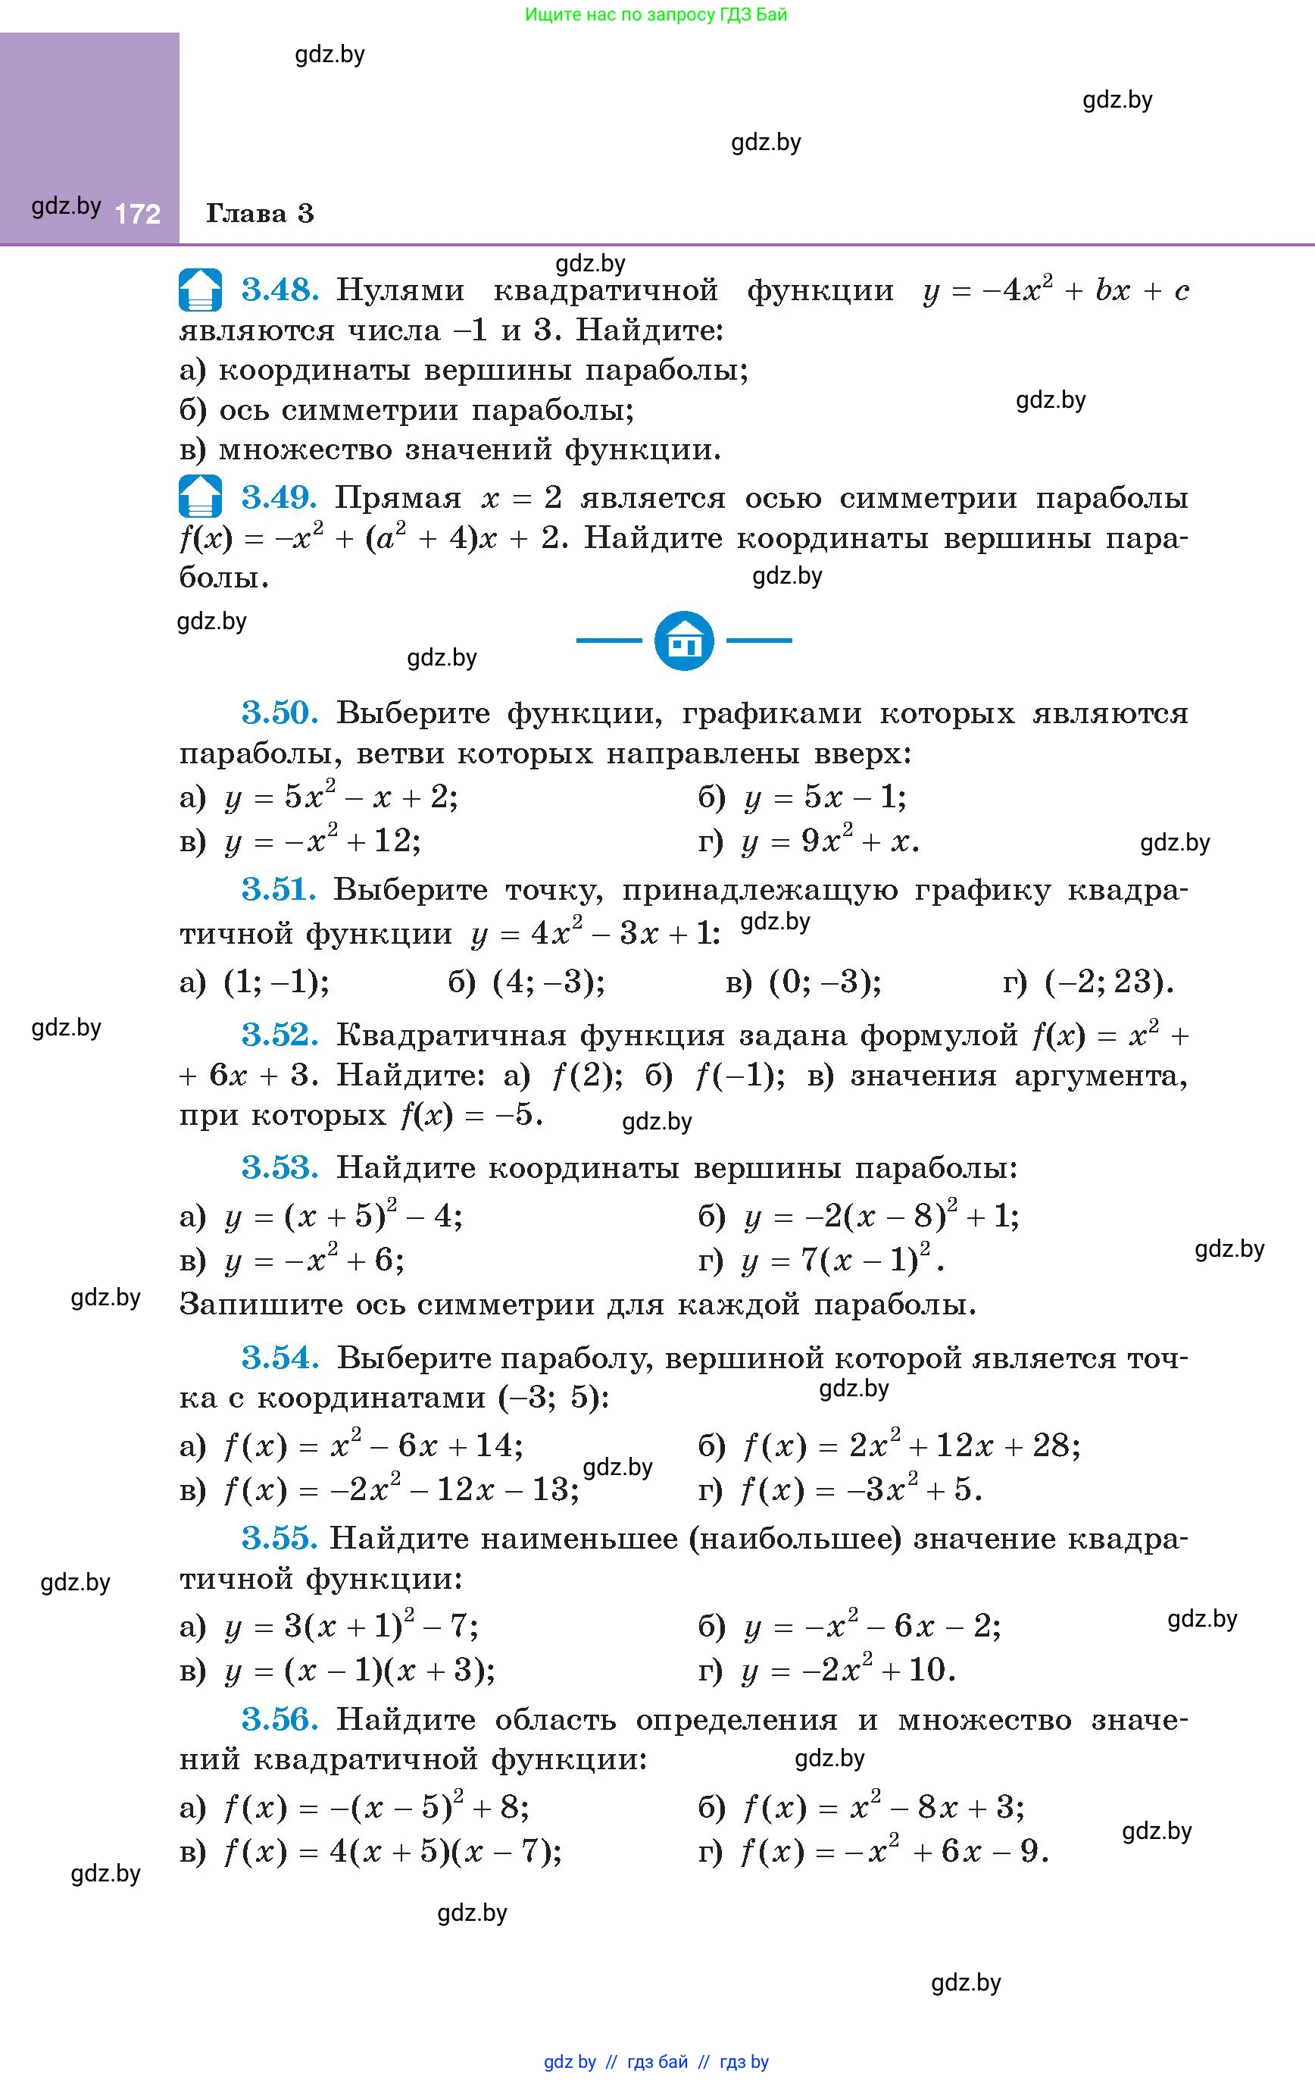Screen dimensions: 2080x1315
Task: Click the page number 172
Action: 138,213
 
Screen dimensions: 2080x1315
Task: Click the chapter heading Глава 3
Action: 260,213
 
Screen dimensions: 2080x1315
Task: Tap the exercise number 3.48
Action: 280,290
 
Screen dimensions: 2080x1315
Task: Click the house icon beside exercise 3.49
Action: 200,497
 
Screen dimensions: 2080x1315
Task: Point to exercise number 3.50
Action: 280,713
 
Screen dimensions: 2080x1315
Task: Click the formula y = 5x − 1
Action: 825,797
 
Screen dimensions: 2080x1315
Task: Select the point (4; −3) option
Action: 548,982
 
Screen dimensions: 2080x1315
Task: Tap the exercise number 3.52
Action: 280,1034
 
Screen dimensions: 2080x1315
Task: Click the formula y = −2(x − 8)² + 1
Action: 881,1216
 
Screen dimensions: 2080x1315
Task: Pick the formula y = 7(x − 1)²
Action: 842,1261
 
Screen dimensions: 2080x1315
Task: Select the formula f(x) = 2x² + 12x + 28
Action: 911,1445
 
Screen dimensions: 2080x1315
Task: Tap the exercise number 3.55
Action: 280,1539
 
